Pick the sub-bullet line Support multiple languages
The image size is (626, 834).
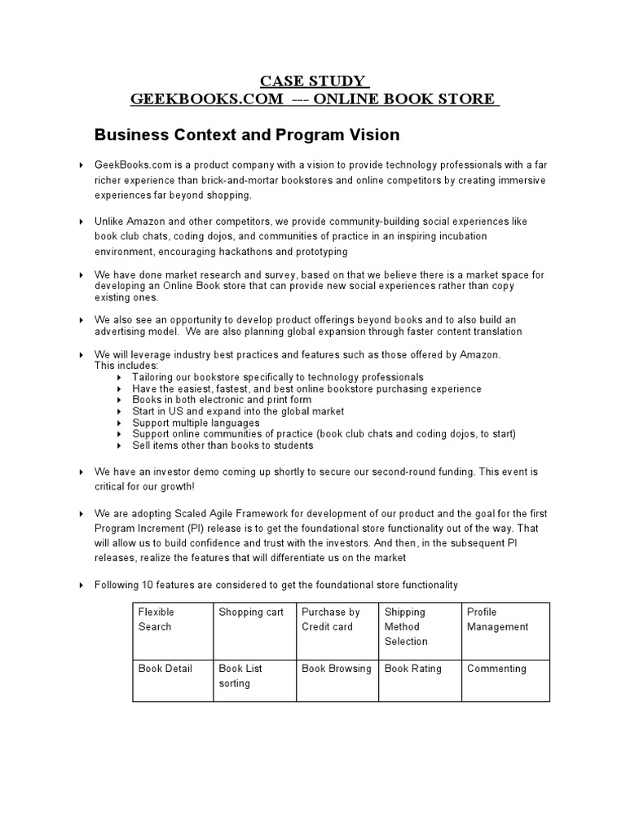196,423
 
